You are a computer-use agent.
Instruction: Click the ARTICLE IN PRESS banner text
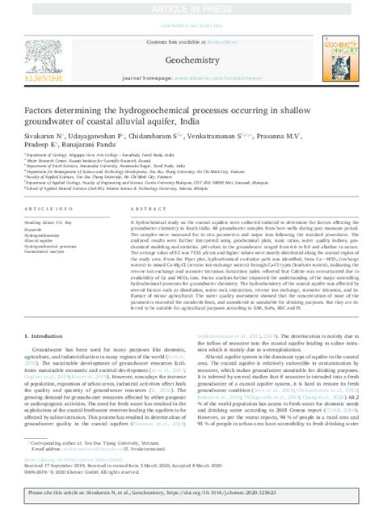pyautogui.click(x=191, y=6)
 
